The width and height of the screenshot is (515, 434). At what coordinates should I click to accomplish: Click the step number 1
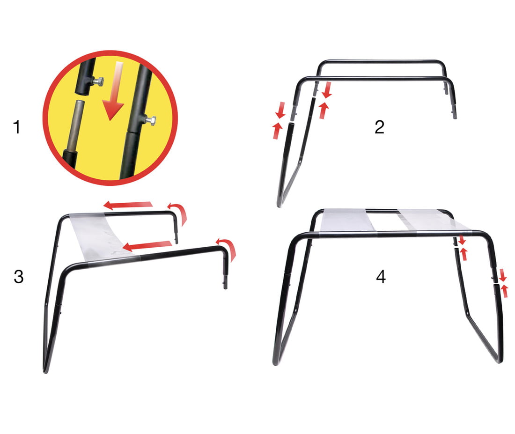pyautogui.click(x=17, y=127)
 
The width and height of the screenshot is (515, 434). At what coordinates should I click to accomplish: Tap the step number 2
pyautogui.click(x=379, y=127)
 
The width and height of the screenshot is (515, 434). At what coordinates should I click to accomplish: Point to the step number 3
pyautogui.click(x=19, y=277)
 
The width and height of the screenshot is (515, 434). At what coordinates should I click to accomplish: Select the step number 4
pyautogui.click(x=381, y=277)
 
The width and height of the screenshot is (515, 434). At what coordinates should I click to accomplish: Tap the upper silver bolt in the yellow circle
pyautogui.click(x=98, y=81)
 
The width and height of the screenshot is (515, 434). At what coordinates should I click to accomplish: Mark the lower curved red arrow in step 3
pyautogui.click(x=228, y=248)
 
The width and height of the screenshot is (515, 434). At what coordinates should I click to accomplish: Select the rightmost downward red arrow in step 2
pyautogui.click(x=327, y=90)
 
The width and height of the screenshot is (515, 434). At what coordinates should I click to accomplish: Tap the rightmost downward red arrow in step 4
pyautogui.click(x=502, y=275)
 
